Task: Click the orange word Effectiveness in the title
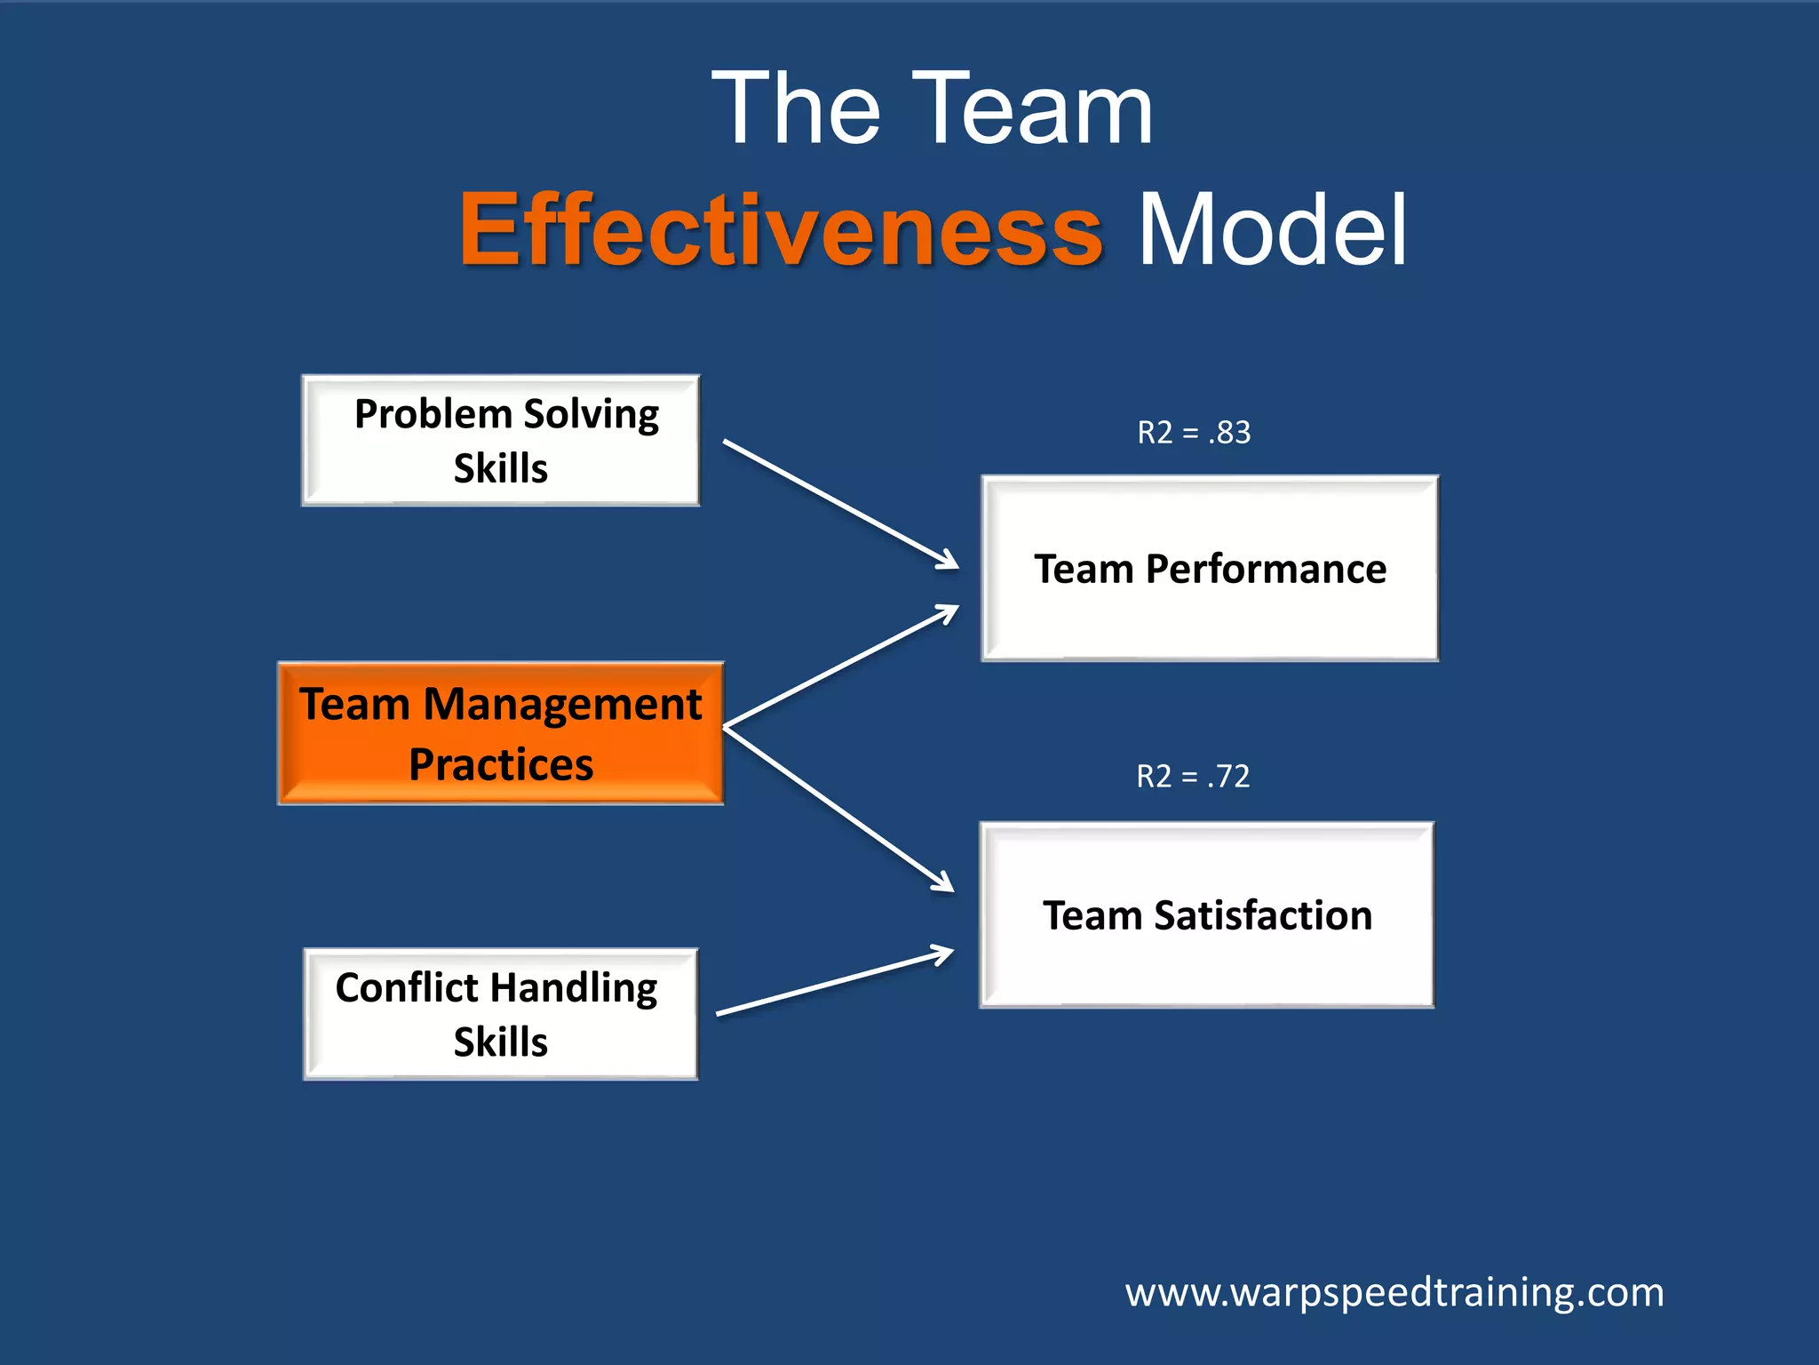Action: coord(781,230)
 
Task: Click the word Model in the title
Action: coord(1272,230)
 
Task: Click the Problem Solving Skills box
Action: coord(501,441)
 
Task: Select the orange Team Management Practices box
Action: coord(501,733)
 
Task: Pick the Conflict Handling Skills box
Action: coord(501,1014)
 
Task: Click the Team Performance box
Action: coord(1210,569)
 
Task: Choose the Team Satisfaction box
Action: coord(1207,915)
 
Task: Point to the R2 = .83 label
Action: coord(1194,433)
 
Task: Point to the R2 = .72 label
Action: coord(1193,777)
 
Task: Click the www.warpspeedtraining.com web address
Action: coord(1394,1292)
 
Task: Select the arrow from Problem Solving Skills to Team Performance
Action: coord(840,503)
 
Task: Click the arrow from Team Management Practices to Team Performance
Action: coord(840,667)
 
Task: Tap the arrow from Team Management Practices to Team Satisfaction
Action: coord(838,809)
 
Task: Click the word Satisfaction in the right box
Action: coord(1263,915)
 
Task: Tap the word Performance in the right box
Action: coord(1266,569)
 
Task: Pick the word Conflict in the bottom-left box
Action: coord(407,987)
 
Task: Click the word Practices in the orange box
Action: coord(501,764)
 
